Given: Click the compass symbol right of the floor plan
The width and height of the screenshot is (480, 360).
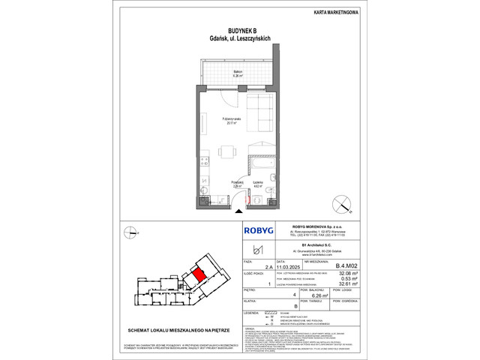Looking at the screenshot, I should (x=343, y=200).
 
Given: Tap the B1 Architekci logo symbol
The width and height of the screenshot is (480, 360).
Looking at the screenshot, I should (x=260, y=249).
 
